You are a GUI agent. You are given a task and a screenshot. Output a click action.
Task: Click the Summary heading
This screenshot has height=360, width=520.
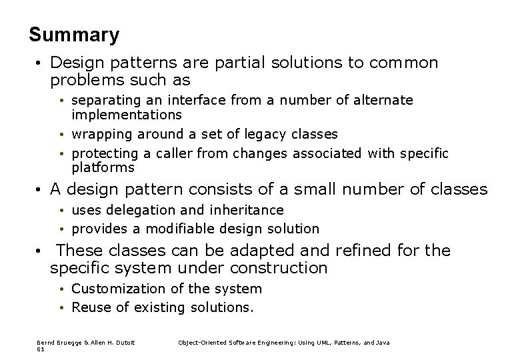coord(74,35)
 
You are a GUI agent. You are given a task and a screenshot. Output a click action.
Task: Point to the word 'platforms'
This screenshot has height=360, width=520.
coord(103,167)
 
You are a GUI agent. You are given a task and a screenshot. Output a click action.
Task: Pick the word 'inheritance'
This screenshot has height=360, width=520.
coord(247,210)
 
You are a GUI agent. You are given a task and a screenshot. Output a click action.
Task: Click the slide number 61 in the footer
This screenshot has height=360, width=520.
coord(40,348)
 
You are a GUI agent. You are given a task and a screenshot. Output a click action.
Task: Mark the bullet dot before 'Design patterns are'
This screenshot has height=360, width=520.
coord(41,64)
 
